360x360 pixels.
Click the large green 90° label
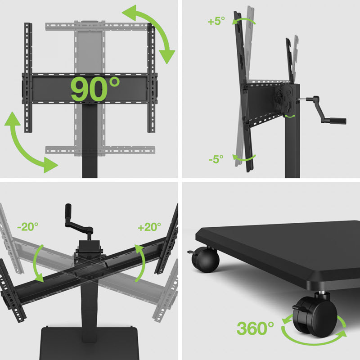(95, 89)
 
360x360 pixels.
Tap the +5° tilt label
(216, 21)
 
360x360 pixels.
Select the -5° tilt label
(216, 159)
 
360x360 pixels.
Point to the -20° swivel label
(28, 227)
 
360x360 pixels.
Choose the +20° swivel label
(149, 227)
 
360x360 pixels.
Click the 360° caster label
(255, 328)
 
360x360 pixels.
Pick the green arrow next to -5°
(244, 158)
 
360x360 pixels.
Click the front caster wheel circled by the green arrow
(315, 316)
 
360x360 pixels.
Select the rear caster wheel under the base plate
(205, 260)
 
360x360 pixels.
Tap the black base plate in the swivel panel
(90, 343)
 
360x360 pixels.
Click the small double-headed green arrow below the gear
(290, 117)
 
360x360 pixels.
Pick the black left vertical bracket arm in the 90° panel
(28, 77)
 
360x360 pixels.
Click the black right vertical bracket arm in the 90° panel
(151, 77)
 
